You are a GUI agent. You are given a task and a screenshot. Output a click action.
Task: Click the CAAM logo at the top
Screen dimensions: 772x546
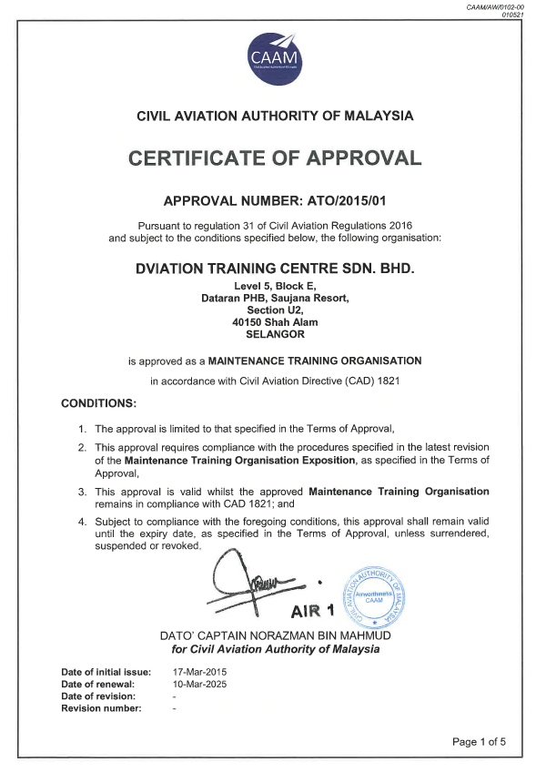[x=275, y=56]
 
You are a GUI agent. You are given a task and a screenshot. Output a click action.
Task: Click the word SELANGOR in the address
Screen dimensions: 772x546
[x=274, y=333]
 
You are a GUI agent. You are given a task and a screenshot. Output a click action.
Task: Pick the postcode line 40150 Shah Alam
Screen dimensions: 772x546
[x=274, y=321]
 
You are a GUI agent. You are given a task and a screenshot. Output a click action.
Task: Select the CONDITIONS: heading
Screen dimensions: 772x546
[x=98, y=402]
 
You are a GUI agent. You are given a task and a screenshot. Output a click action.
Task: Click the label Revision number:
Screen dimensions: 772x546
[x=102, y=708]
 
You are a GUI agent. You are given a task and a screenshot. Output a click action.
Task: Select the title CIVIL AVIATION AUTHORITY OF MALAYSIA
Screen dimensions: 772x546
[x=274, y=116]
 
